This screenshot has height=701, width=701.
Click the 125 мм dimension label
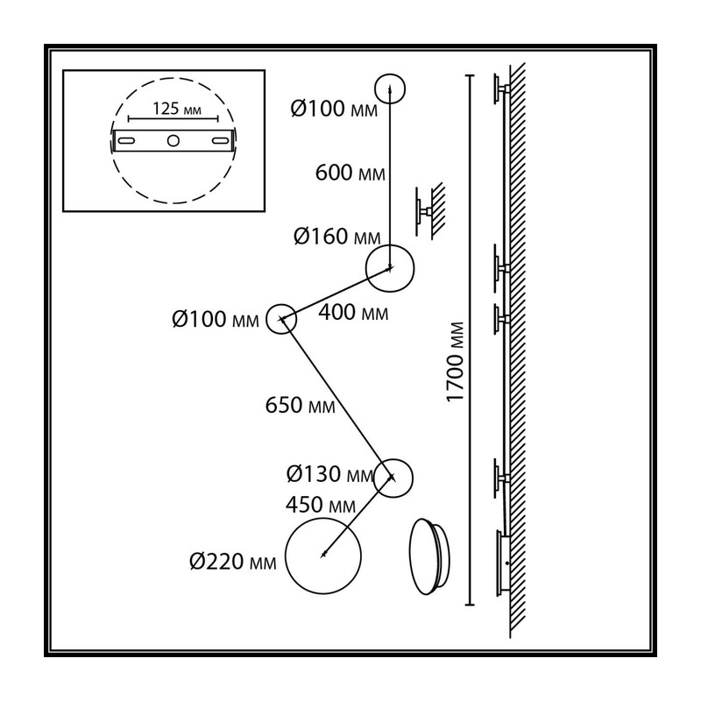(x=177, y=109)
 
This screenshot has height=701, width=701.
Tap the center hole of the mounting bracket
(x=173, y=141)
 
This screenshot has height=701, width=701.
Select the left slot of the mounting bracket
(x=125, y=141)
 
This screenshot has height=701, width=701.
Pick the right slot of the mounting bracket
(x=220, y=141)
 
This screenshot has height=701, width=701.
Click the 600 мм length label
(x=350, y=173)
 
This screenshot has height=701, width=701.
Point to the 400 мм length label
(x=353, y=313)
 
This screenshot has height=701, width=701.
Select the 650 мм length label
(x=300, y=405)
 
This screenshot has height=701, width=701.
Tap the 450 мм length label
(x=321, y=505)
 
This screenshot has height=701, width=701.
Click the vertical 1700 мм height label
(x=456, y=362)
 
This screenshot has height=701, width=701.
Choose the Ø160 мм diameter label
(x=337, y=237)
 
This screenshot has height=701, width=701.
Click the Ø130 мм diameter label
(x=330, y=474)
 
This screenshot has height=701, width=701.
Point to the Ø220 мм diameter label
(x=233, y=561)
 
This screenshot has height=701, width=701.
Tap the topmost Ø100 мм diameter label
(x=334, y=109)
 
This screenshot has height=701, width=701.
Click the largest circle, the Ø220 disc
(x=286, y=556)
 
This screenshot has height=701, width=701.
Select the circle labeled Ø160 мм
(x=366, y=268)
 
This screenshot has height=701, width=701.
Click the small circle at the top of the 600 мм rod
(x=375, y=89)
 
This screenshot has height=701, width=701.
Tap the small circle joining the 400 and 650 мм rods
(x=266, y=319)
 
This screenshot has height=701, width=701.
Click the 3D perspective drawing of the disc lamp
(x=429, y=556)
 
